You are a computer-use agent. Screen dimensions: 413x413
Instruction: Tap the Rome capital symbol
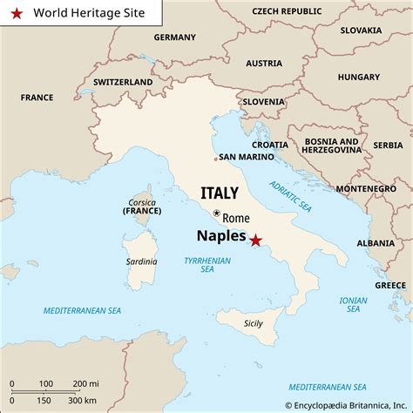tap(217, 213)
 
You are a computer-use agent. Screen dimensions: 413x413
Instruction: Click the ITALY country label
tap(219, 192)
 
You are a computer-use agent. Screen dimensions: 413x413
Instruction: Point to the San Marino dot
tap(215, 159)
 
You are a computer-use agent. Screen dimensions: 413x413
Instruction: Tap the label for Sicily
tap(254, 323)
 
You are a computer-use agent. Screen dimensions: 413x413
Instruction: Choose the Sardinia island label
tap(141, 261)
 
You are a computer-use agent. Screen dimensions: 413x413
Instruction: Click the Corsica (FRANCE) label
tap(141, 206)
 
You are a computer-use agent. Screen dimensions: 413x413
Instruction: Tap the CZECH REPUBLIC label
tap(286, 10)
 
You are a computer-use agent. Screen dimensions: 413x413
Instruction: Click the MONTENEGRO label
tap(366, 188)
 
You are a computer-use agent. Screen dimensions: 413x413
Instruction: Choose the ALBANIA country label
tap(375, 243)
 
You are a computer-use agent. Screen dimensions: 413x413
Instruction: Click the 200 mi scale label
tap(85, 383)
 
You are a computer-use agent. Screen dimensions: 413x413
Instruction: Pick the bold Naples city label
tap(221, 235)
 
